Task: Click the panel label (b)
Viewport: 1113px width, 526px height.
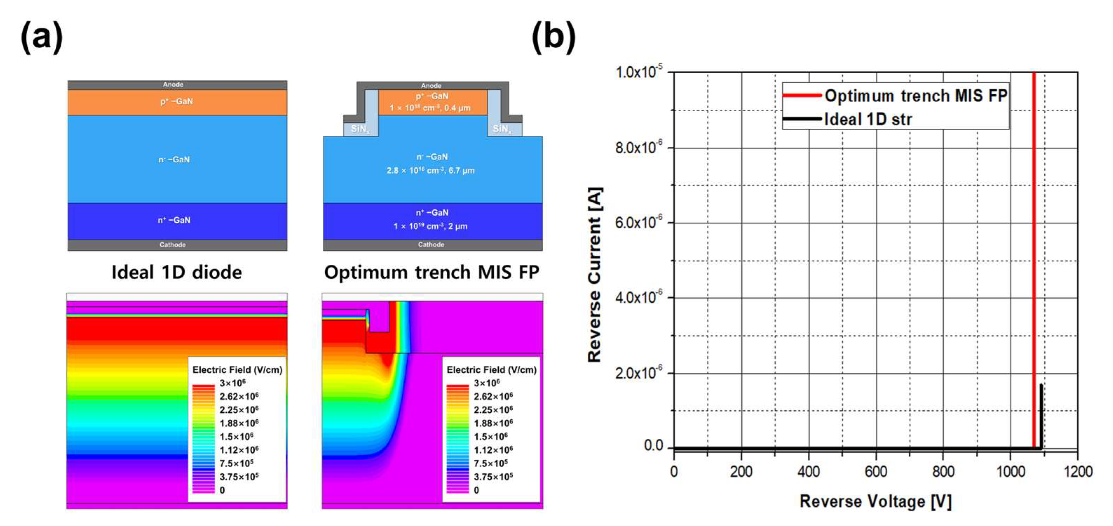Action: click(x=553, y=37)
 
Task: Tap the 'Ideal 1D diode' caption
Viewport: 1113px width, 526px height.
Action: click(x=176, y=272)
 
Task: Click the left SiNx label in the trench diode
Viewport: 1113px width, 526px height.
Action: click(x=360, y=129)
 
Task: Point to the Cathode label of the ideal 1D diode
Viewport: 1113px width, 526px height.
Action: click(x=172, y=245)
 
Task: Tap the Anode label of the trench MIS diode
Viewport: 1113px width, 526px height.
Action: click(x=431, y=86)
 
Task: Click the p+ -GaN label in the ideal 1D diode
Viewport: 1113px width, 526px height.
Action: click(x=176, y=102)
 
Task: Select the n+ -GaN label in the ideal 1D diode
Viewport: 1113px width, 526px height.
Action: click(x=174, y=220)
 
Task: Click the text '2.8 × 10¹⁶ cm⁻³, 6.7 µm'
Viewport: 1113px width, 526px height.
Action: click(x=430, y=170)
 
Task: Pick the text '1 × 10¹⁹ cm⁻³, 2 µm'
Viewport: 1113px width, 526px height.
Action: click(x=430, y=226)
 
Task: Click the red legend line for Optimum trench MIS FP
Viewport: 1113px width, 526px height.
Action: click(x=802, y=95)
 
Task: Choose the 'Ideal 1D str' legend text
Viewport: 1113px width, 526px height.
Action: click(x=868, y=119)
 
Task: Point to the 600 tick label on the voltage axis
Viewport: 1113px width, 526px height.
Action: click(x=876, y=471)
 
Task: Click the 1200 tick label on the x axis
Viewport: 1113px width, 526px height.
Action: click(x=1078, y=471)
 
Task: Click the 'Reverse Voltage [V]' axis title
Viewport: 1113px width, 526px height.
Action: click(x=875, y=501)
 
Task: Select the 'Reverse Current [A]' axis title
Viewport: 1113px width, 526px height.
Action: click(x=595, y=275)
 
